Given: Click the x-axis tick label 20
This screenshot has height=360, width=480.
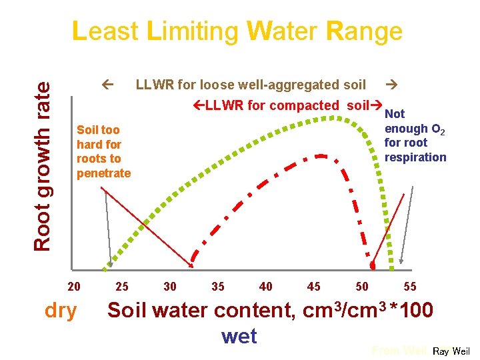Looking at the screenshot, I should [75, 287].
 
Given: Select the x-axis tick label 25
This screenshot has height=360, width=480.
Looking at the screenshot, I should [122, 287].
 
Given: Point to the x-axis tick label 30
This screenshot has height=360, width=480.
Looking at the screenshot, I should [170, 287].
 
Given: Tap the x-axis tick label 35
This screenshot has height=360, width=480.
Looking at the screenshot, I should [218, 287].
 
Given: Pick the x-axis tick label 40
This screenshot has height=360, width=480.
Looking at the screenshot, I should [266, 287].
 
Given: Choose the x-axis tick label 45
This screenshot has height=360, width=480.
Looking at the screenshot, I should [314, 287].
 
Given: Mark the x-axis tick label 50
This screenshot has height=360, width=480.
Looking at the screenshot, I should [362, 287].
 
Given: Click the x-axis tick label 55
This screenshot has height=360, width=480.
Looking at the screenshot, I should [410, 287].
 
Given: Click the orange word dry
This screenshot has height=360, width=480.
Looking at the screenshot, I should [61, 311].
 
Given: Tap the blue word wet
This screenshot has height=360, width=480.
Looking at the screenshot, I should [239, 336].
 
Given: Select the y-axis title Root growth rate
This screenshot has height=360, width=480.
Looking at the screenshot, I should [42, 166].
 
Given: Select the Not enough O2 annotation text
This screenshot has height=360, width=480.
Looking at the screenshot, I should [415, 136].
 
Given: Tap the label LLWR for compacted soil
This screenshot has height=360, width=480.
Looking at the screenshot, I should [287, 105].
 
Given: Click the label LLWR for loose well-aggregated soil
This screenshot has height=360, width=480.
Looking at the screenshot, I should [251, 85].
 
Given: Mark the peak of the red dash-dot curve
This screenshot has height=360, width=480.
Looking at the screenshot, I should [321, 155].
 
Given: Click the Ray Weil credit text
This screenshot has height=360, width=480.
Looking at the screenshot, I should [451, 351].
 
